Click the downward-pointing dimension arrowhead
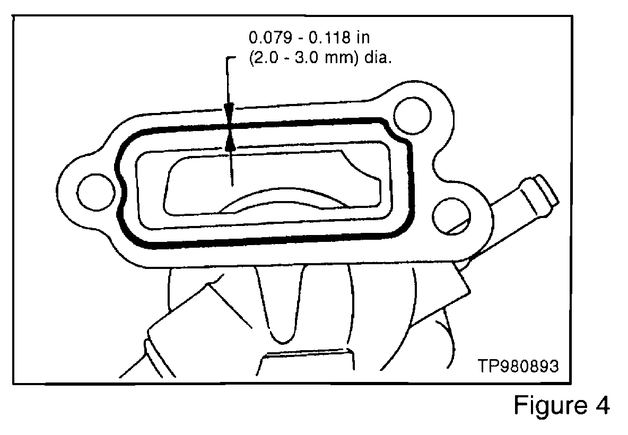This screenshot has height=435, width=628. tap(229, 115)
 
